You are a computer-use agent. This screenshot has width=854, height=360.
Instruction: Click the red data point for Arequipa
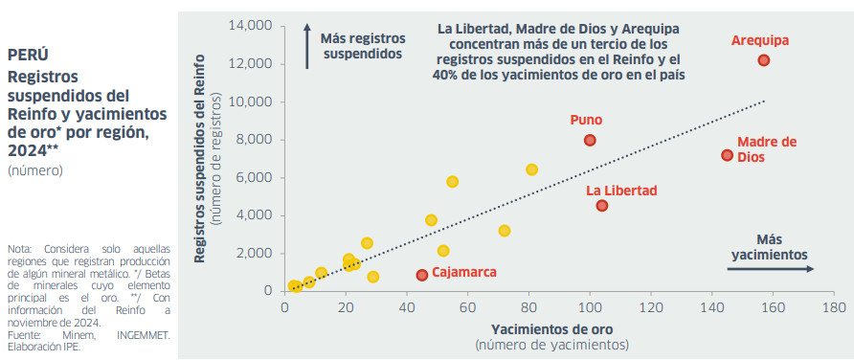(x=764, y=60)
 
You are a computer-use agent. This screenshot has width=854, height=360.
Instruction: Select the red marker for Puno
(x=590, y=140)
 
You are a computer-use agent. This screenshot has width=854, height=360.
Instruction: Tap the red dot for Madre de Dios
(x=727, y=155)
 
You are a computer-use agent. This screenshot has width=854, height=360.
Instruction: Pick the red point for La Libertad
(x=602, y=206)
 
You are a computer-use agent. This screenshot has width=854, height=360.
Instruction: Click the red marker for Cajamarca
(x=421, y=275)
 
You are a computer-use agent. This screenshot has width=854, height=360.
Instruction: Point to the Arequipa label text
(x=760, y=40)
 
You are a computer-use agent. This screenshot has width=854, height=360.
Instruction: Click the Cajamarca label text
(x=464, y=272)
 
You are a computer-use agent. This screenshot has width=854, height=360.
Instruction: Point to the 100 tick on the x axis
(x=590, y=308)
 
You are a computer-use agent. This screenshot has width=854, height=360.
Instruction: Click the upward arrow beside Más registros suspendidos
(x=306, y=47)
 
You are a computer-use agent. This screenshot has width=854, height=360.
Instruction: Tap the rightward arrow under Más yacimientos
(x=770, y=270)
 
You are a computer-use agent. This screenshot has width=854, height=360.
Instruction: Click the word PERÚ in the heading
(x=28, y=55)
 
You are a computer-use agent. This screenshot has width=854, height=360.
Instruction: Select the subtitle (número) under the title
(x=36, y=170)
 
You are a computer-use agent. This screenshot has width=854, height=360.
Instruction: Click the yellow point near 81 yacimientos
(x=531, y=169)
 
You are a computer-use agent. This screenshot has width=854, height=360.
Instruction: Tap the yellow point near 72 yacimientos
(x=505, y=231)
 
